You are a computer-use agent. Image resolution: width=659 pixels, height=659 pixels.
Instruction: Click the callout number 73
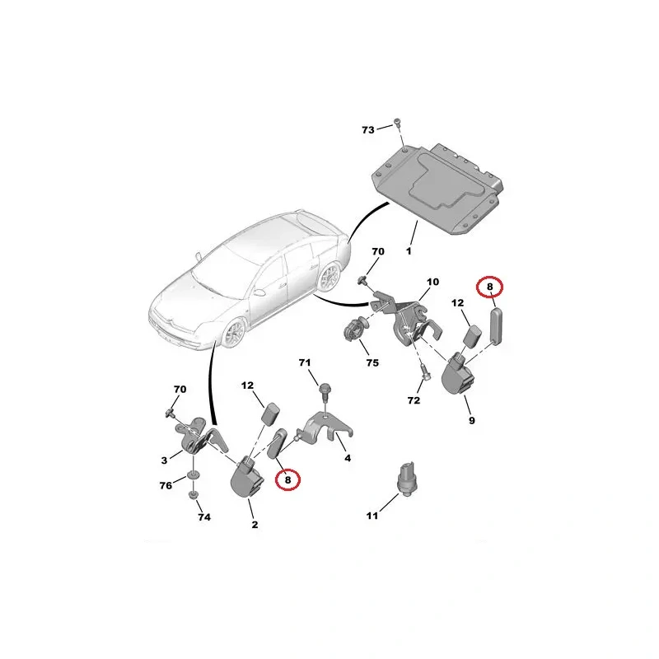coord(367,130)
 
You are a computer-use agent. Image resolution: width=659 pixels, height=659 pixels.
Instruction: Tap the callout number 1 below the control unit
coord(409,251)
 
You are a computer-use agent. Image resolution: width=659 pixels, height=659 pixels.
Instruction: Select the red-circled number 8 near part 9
coord(489,287)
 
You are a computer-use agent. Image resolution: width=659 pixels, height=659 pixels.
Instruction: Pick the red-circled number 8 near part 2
coord(287,479)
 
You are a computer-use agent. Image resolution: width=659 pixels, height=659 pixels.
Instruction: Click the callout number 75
coord(372,362)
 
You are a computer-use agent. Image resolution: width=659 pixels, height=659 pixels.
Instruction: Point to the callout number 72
coord(414,400)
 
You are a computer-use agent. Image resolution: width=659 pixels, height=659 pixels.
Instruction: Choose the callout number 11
coord(372,516)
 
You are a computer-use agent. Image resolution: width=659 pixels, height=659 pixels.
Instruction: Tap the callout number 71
coord(305,362)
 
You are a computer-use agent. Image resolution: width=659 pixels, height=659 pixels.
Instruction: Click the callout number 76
coord(166,485)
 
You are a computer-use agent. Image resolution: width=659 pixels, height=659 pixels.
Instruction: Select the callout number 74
coord(204,517)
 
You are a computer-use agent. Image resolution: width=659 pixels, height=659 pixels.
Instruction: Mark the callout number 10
coord(432,282)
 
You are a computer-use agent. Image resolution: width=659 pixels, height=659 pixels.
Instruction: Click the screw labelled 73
coord(397,122)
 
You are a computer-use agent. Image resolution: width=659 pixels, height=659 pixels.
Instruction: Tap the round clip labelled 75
coord(355,330)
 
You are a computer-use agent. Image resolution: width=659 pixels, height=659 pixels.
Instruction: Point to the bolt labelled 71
coord(325,390)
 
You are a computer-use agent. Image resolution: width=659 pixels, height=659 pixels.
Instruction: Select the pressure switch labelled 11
coord(406,479)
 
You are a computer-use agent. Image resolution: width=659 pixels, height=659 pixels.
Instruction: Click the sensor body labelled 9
coord(457,374)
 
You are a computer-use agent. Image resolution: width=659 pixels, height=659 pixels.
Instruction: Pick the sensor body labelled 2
coord(247,479)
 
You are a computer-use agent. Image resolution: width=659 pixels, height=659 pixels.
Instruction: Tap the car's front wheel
coord(234,333)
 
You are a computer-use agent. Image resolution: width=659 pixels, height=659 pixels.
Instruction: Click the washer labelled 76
coord(193,475)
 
